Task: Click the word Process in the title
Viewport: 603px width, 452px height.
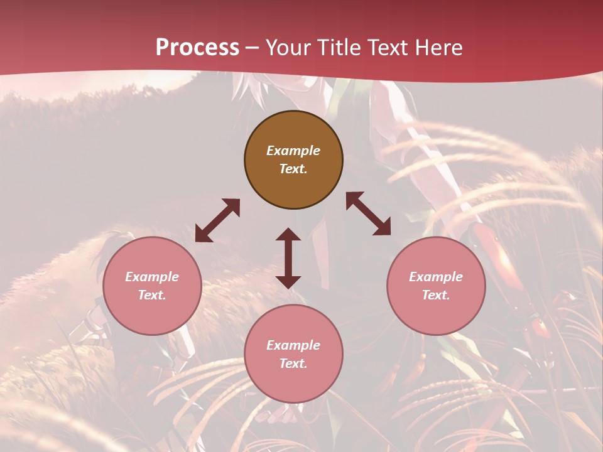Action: (197, 48)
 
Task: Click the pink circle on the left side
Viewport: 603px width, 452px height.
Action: (152, 286)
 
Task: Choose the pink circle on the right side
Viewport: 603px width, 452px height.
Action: (435, 286)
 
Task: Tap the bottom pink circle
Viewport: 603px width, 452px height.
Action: (293, 354)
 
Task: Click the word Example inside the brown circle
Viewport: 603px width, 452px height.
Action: (293, 151)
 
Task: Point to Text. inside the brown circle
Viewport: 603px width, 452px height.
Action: (293, 169)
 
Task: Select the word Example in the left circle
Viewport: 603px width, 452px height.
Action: (152, 277)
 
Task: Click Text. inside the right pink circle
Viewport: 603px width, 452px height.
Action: (435, 295)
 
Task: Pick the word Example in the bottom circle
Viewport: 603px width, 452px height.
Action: (293, 345)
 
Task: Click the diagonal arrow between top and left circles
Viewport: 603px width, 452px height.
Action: (217, 220)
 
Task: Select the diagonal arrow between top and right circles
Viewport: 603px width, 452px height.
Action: (369, 213)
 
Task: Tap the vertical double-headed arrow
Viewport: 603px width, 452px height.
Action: (288, 258)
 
